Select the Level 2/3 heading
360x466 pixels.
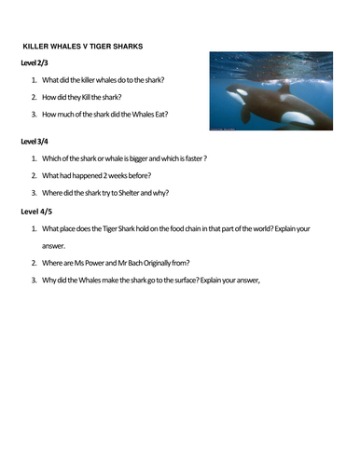tap(36, 62)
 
